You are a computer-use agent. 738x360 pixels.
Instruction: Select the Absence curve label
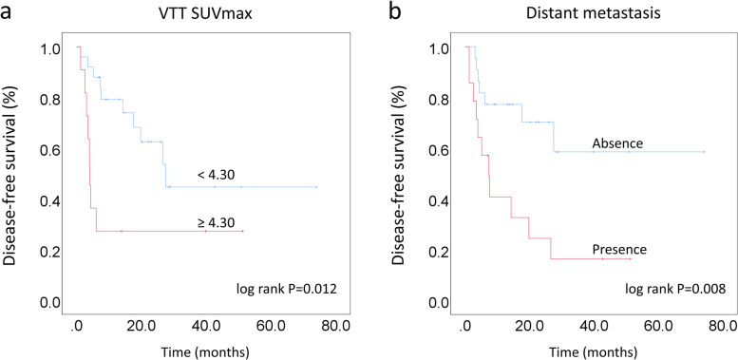tap(617, 143)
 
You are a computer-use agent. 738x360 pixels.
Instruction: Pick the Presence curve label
tap(619, 250)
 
